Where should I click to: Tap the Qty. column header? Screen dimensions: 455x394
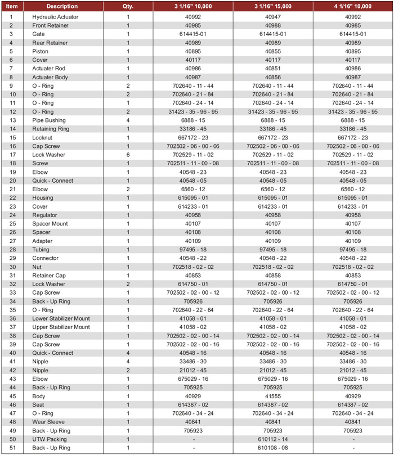point(128,6)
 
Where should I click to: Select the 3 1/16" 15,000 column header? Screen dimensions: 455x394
point(273,6)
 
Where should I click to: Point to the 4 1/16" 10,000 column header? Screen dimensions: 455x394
point(353,6)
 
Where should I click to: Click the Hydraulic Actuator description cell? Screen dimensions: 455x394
point(55,17)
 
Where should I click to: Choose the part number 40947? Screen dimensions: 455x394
point(273,17)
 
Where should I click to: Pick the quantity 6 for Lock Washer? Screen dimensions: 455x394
point(128,155)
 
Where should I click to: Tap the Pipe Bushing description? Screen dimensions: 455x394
point(48,120)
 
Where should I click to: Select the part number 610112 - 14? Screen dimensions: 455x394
point(273,439)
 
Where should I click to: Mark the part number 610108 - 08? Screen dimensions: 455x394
point(273,448)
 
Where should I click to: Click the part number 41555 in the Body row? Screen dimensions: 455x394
point(273,397)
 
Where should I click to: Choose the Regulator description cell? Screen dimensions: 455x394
point(44,215)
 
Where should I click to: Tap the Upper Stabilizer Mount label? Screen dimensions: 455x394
point(61,327)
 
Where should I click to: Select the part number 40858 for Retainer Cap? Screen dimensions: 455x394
point(273,276)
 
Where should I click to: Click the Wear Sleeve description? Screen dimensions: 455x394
point(48,422)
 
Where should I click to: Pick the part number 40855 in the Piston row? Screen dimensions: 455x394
point(273,51)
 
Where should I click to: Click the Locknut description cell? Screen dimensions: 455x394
point(43,137)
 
